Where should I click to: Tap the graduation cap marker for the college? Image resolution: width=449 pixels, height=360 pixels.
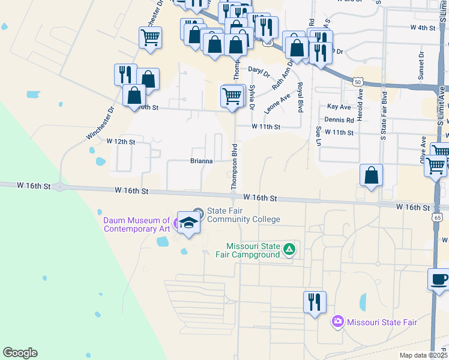coord(188,223)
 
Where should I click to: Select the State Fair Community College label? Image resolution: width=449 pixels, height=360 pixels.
coord(243,215)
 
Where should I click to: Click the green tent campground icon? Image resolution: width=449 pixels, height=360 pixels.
coord(289,248)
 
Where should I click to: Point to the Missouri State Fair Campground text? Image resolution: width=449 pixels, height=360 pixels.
coord(253,250)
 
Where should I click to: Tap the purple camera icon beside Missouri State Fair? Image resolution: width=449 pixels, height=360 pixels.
coord(337,322)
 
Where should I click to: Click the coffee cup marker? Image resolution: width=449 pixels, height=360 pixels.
coord(438,279)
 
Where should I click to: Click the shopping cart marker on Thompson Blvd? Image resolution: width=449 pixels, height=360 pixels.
coord(232,95)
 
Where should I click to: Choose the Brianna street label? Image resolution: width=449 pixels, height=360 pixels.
coord(202,161)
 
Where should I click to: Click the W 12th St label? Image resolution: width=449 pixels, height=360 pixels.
coord(121,142)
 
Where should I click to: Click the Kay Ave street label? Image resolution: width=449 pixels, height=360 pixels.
coord(339,107)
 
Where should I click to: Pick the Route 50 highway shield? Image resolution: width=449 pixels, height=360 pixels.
coord(358,82)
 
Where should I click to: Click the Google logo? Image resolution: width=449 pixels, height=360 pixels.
coord(20,353)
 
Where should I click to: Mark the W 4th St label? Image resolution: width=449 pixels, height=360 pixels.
coord(422,28)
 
